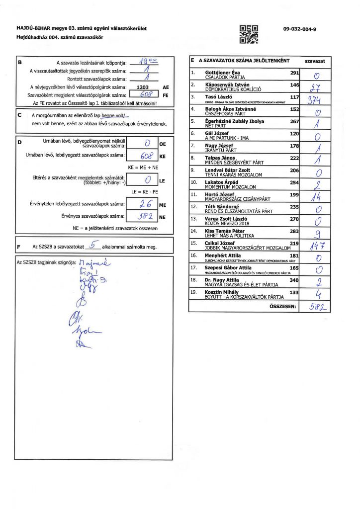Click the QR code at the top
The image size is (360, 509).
[249, 33]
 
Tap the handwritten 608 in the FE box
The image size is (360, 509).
[144, 94]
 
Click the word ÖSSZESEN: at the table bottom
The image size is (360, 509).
[282, 306]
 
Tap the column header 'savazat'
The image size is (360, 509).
[315, 61]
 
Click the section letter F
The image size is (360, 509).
[18, 247]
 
